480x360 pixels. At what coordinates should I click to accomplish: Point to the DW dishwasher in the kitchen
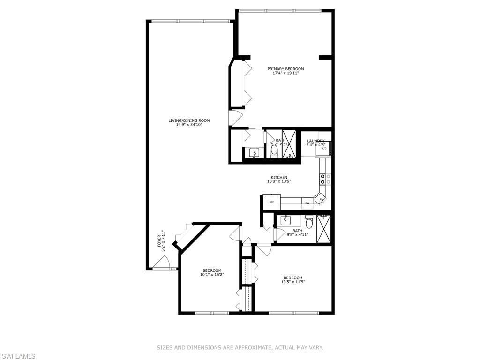pos(307,203)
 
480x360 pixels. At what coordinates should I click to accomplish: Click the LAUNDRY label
pos(315,141)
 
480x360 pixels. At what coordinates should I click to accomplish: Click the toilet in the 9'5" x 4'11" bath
pos(308,221)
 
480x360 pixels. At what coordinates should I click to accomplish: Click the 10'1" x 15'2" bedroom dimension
pos(212,275)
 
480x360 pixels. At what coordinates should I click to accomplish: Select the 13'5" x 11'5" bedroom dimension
pos(293,282)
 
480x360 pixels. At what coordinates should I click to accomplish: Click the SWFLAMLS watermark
pos(18,356)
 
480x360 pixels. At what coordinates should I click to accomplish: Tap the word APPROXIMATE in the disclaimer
pos(253,347)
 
